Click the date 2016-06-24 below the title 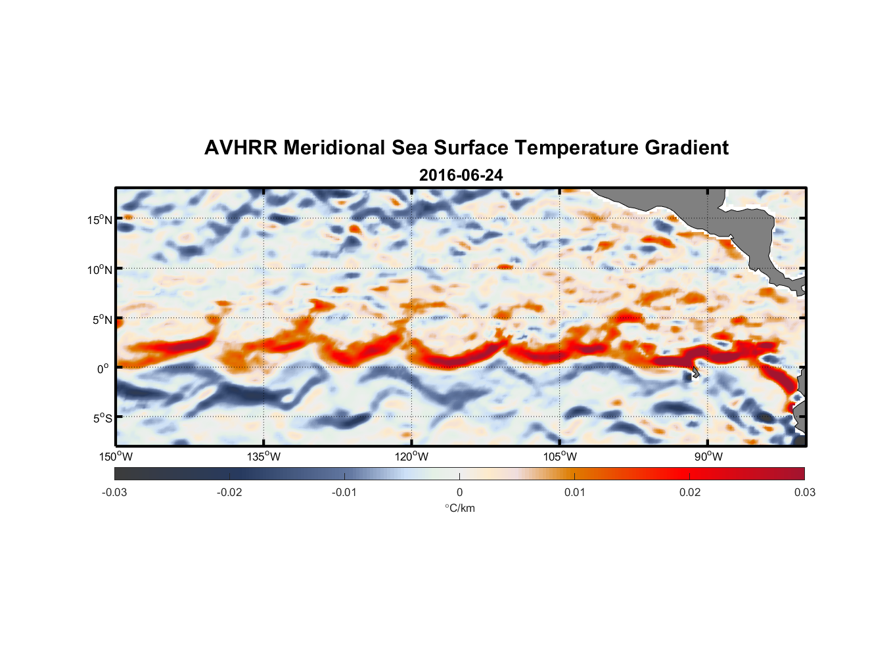[461, 175]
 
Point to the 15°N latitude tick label [100, 219]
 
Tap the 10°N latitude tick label [100, 269]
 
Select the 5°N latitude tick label [102, 319]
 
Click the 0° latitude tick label [103, 369]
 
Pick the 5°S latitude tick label [102, 418]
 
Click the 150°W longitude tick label [116, 457]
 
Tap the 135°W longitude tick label [264, 457]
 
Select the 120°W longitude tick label [412, 457]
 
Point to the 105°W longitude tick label [560, 457]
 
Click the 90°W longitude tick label [708, 457]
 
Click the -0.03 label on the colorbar [114, 492]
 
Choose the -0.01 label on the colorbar [344, 492]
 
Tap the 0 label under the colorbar [459, 492]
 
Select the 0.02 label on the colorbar [690, 492]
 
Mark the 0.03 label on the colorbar [804, 492]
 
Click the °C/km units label [460, 508]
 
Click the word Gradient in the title [687, 148]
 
